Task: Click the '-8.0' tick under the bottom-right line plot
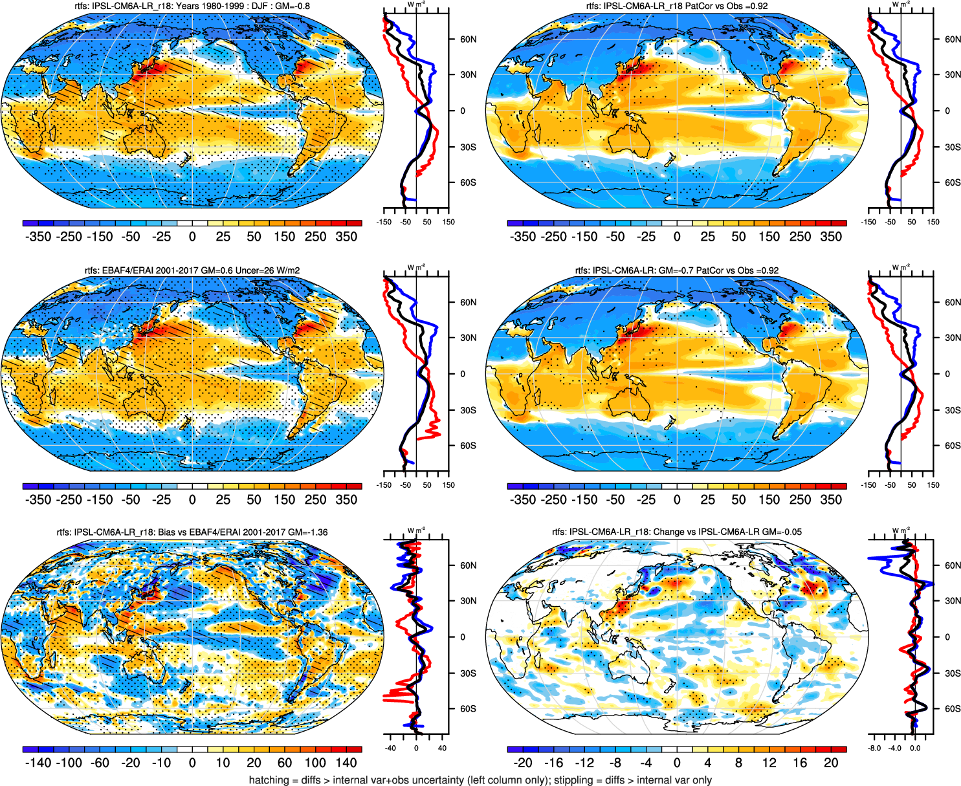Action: (x=874, y=748)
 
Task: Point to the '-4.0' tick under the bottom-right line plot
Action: (x=895, y=748)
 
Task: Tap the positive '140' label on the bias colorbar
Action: (x=346, y=763)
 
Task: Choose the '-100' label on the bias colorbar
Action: (x=69, y=763)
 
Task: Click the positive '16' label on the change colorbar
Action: (x=800, y=763)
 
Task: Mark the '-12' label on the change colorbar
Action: (x=584, y=763)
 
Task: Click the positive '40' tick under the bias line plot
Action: (x=442, y=748)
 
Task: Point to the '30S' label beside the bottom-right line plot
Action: (x=953, y=673)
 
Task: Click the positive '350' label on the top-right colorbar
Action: (x=831, y=236)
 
